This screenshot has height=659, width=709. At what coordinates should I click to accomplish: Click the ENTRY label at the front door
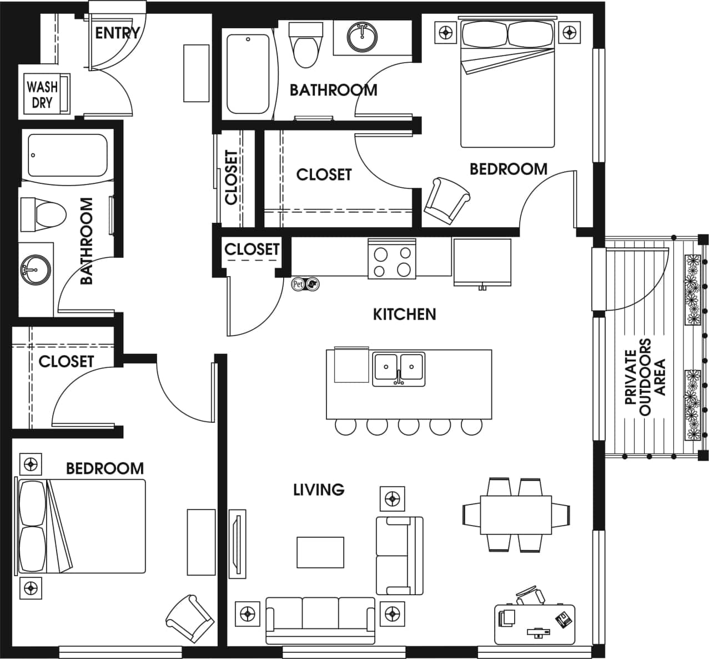pos(117,33)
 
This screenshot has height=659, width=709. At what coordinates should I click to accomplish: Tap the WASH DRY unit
pos(43,94)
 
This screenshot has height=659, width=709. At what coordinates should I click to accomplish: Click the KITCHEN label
pos(404,314)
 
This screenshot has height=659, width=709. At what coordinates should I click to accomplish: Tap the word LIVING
pos(319,490)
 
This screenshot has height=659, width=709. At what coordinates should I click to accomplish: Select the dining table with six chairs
pos(515,515)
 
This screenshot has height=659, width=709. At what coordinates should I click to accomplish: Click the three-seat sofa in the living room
pos(321,619)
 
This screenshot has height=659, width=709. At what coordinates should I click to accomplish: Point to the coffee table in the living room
pos(320,552)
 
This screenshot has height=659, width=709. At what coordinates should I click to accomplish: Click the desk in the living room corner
pos(534,623)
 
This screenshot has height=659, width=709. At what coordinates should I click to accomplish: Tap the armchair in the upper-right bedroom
pos(446,200)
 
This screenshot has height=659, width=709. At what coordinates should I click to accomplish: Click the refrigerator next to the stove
pos(482,261)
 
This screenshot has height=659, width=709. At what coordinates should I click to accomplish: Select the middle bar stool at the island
pos(409,427)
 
